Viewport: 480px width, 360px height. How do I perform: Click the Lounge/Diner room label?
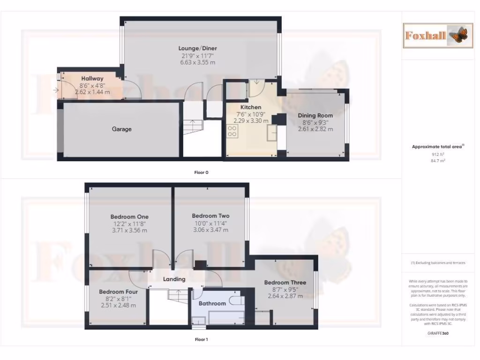(x=197, y=48)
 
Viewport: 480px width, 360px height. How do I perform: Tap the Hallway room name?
(x=92, y=79)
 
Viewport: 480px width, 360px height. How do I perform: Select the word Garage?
(x=121, y=129)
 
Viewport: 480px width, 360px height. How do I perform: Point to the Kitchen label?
(x=251, y=107)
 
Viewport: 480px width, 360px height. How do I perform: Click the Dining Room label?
(x=315, y=115)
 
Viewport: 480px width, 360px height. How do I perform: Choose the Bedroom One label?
(x=129, y=217)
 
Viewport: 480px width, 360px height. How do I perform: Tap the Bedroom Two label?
(x=210, y=216)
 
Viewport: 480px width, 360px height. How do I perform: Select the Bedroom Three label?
(x=285, y=283)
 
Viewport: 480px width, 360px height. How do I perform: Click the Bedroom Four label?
(x=118, y=292)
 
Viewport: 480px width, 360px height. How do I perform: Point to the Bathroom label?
(x=212, y=303)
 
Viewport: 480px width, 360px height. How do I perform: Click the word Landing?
(x=174, y=279)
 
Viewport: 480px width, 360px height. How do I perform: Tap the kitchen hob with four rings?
(x=232, y=131)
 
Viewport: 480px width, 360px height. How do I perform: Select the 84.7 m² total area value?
(x=438, y=160)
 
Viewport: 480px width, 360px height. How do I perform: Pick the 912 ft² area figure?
(x=438, y=154)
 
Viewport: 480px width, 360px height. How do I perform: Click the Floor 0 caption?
(x=201, y=172)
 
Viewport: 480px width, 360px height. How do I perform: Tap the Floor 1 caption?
(x=201, y=339)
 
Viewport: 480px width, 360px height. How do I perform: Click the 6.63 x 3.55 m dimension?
(x=197, y=62)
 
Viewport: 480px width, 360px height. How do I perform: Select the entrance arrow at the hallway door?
(x=56, y=90)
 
